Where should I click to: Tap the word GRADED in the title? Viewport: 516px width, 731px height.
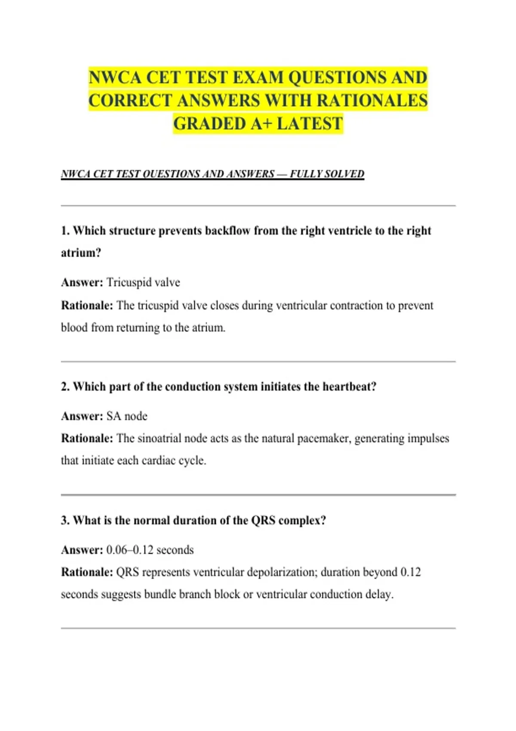(209, 124)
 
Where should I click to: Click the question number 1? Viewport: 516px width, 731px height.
(64, 231)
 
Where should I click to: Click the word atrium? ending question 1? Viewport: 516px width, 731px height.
(81, 253)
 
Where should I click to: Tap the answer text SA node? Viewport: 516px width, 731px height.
(127, 416)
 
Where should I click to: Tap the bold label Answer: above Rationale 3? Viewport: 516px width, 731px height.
(82, 550)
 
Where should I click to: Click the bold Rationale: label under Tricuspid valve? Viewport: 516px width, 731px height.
(87, 306)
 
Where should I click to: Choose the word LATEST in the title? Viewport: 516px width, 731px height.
(310, 124)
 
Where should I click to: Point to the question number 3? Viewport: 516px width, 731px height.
(64, 520)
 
